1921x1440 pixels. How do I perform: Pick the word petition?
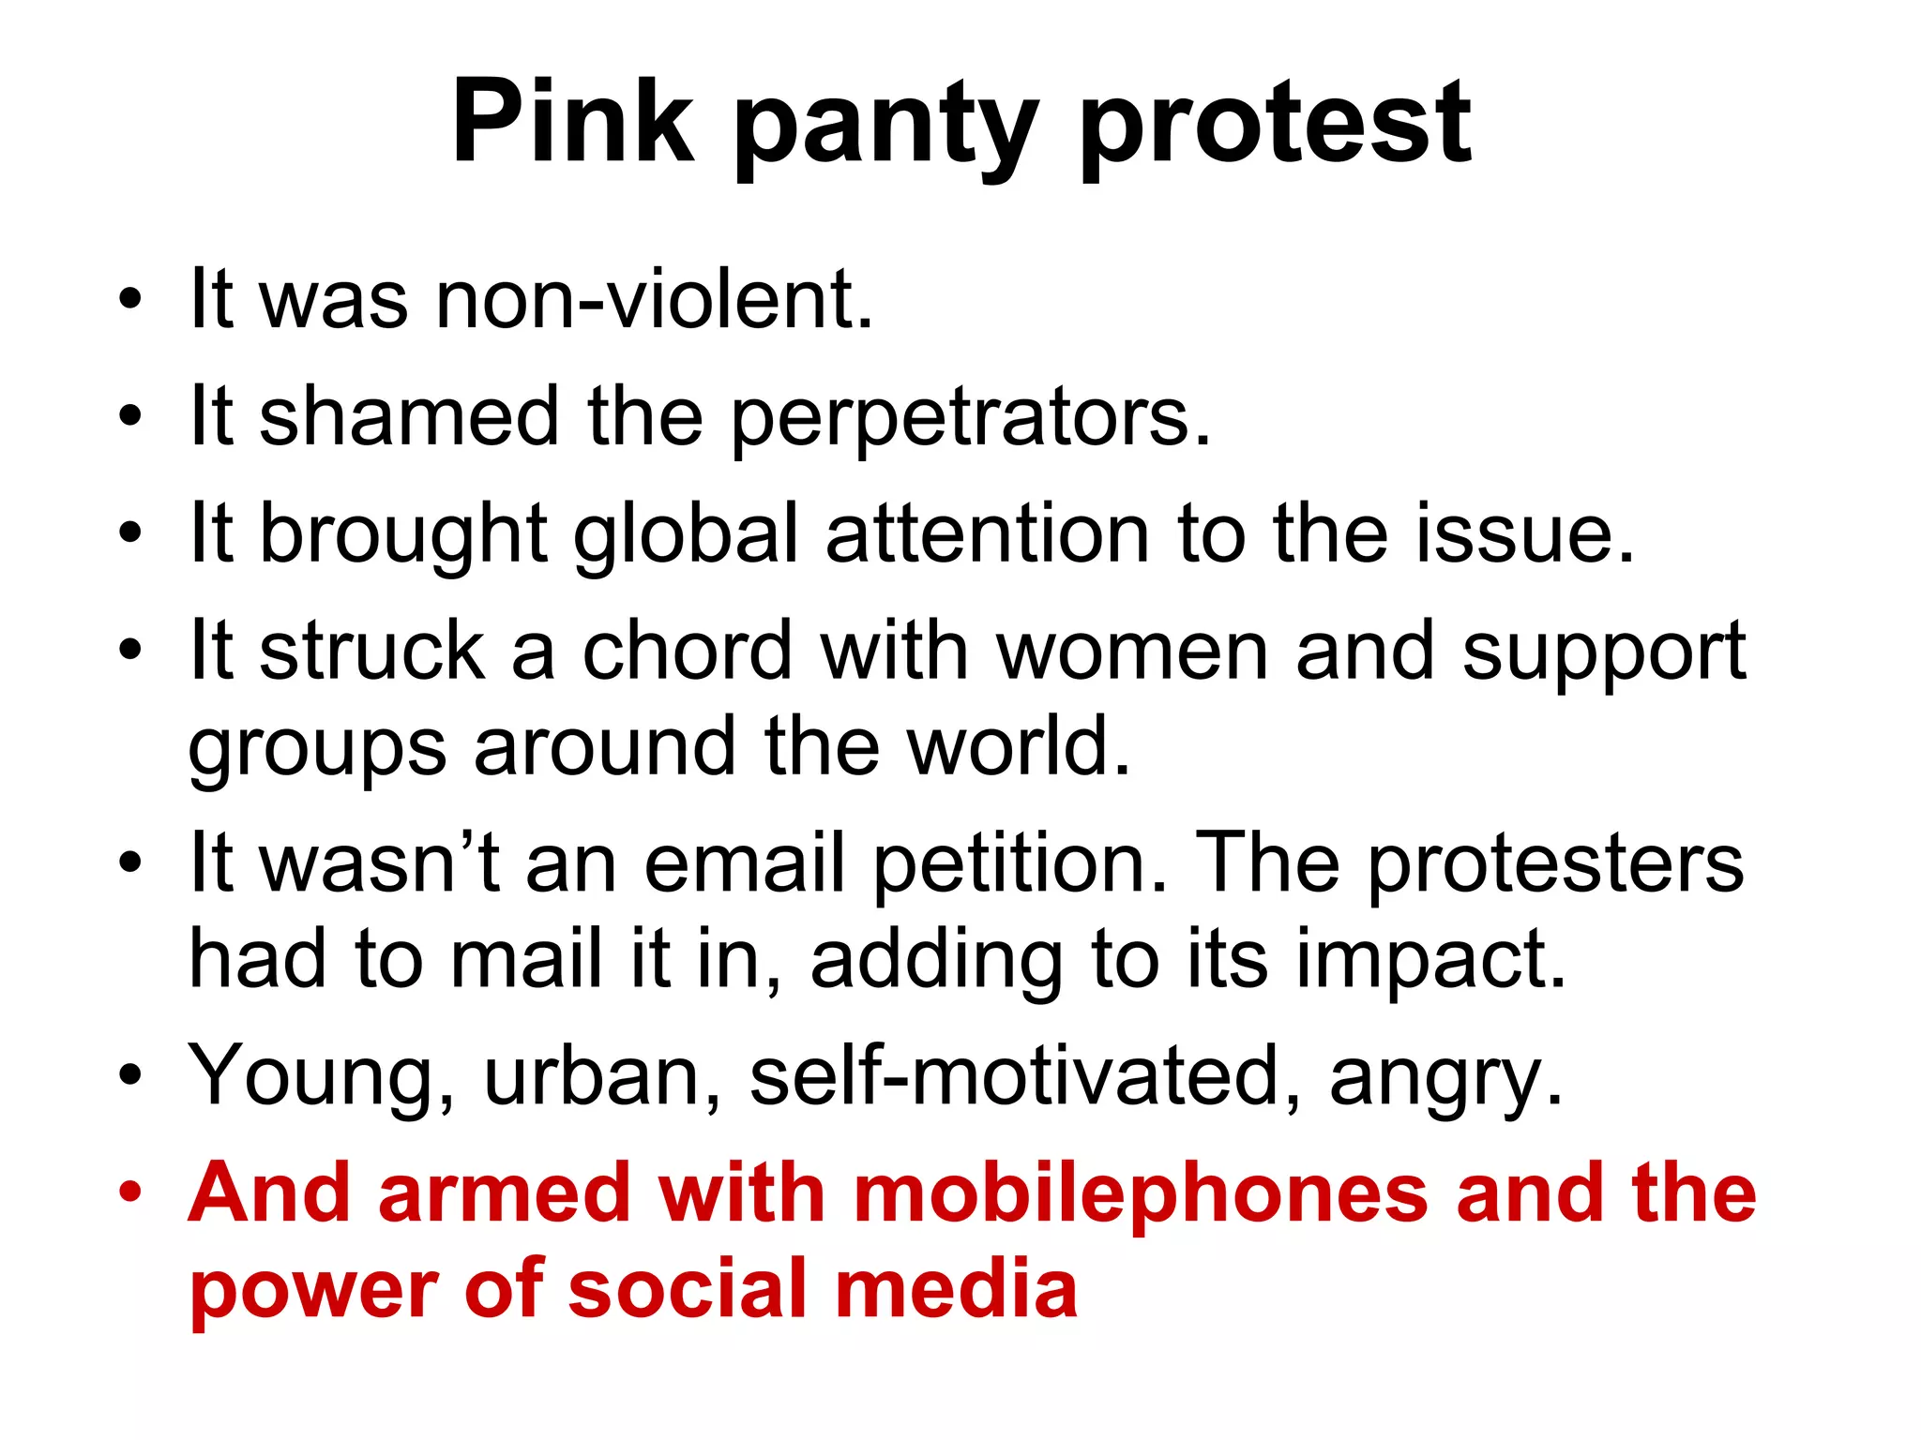coord(1021,864)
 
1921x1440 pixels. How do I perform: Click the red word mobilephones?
coord(1141,1192)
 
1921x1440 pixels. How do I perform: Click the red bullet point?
coord(130,1192)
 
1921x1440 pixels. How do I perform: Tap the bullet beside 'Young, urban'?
coord(130,1076)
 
